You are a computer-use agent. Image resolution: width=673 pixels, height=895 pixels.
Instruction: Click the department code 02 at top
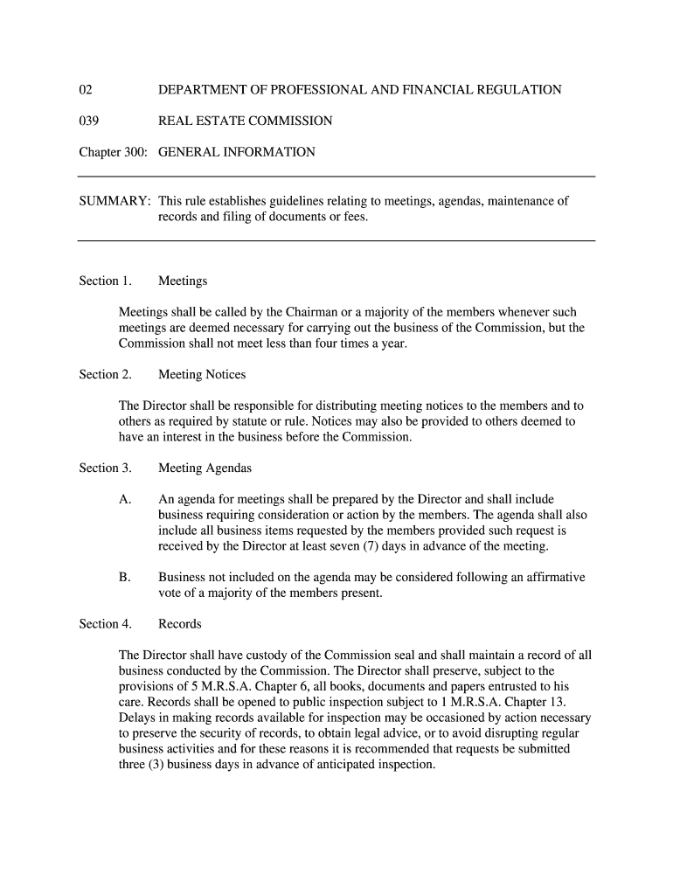[x=86, y=90]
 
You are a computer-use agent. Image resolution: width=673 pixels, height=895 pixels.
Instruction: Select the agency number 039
[x=88, y=121]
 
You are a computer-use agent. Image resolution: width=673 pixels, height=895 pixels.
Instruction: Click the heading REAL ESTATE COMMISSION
[x=245, y=121]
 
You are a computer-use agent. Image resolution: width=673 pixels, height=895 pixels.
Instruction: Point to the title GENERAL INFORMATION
[x=236, y=152]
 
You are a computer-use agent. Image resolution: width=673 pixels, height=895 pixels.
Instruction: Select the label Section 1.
[x=105, y=281]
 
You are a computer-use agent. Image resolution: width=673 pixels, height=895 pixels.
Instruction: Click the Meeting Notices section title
[x=202, y=375]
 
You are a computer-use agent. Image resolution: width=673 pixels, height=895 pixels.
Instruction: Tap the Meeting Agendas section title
[x=205, y=468]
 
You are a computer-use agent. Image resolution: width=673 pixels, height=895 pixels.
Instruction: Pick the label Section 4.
[x=105, y=624]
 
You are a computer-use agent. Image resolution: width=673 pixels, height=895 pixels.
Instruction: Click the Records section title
[x=179, y=624]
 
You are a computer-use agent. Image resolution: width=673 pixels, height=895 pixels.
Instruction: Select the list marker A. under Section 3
[x=125, y=500]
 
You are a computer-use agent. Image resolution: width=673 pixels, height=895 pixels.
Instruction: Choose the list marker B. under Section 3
[x=125, y=578]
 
